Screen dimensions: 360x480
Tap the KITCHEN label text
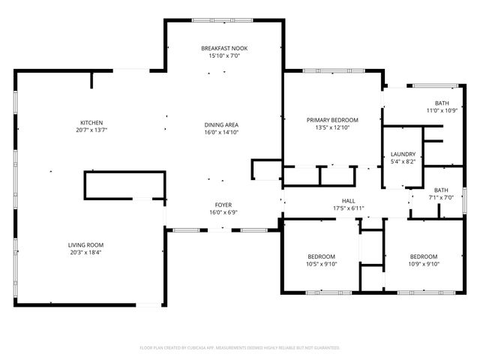[x=91, y=123]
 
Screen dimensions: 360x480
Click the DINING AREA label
[x=222, y=124]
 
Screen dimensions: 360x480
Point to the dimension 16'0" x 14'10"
[x=222, y=133]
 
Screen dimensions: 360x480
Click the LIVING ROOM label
[x=85, y=244]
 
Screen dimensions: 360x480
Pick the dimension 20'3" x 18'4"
[x=85, y=253]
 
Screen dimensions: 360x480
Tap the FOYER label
[x=223, y=205]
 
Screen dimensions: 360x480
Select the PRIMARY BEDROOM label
[x=332, y=120]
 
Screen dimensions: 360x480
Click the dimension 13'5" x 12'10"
[x=332, y=128]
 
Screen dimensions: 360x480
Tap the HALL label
[x=349, y=200]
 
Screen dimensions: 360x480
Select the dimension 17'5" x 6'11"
[x=349, y=208]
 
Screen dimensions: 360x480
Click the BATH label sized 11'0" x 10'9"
[x=442, y=103]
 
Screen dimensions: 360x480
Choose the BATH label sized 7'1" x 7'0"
[x=441, y=190]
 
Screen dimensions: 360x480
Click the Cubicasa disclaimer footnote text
[x=240, y=348]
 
